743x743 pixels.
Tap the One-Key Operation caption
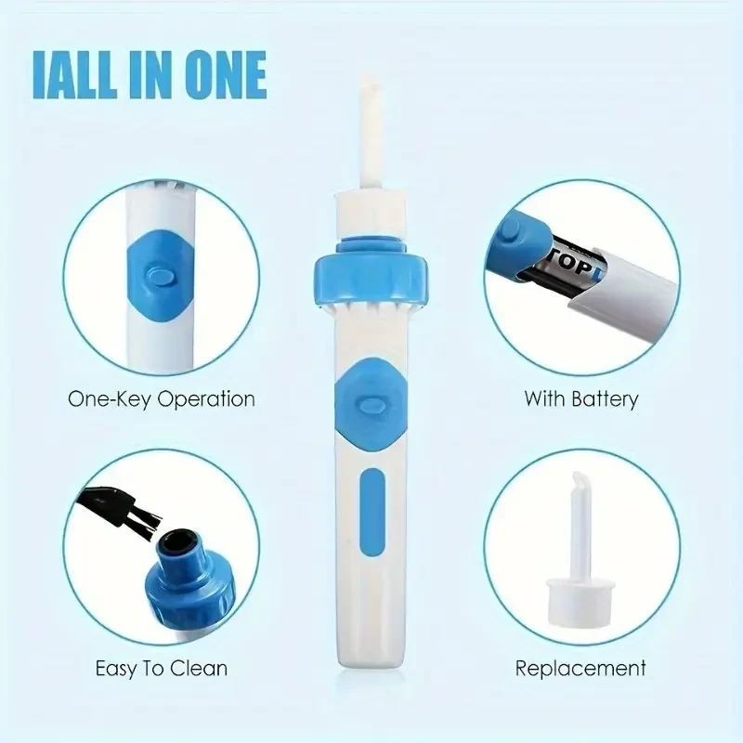(161, 399)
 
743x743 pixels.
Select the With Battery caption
(581, 399)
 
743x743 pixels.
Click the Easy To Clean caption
(161, 668)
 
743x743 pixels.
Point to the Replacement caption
(581, 668)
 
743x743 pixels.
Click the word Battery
(606, 399)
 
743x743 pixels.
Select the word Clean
(201, 668)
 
